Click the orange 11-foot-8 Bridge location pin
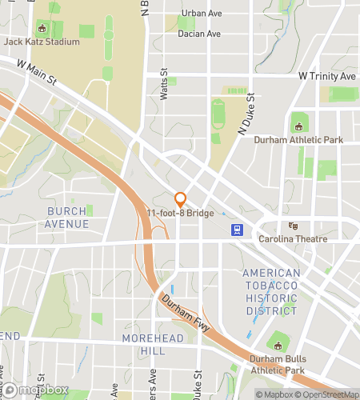click(x=181, y=198)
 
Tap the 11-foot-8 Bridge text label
click(x=180, y=214)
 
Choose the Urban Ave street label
click(x=201, y=14)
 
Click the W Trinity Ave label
click(x=326, y=75)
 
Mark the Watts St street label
click(x=163, y=83)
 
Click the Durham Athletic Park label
click(x=298, y=140)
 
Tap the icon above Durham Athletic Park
click(x=299, y=126)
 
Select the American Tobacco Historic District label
click(x=272, y=292)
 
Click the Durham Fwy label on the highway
click(x=185, y=312)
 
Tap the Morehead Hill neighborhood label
click(x=153, y=345)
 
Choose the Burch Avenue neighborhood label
click(x=68, y=218)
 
